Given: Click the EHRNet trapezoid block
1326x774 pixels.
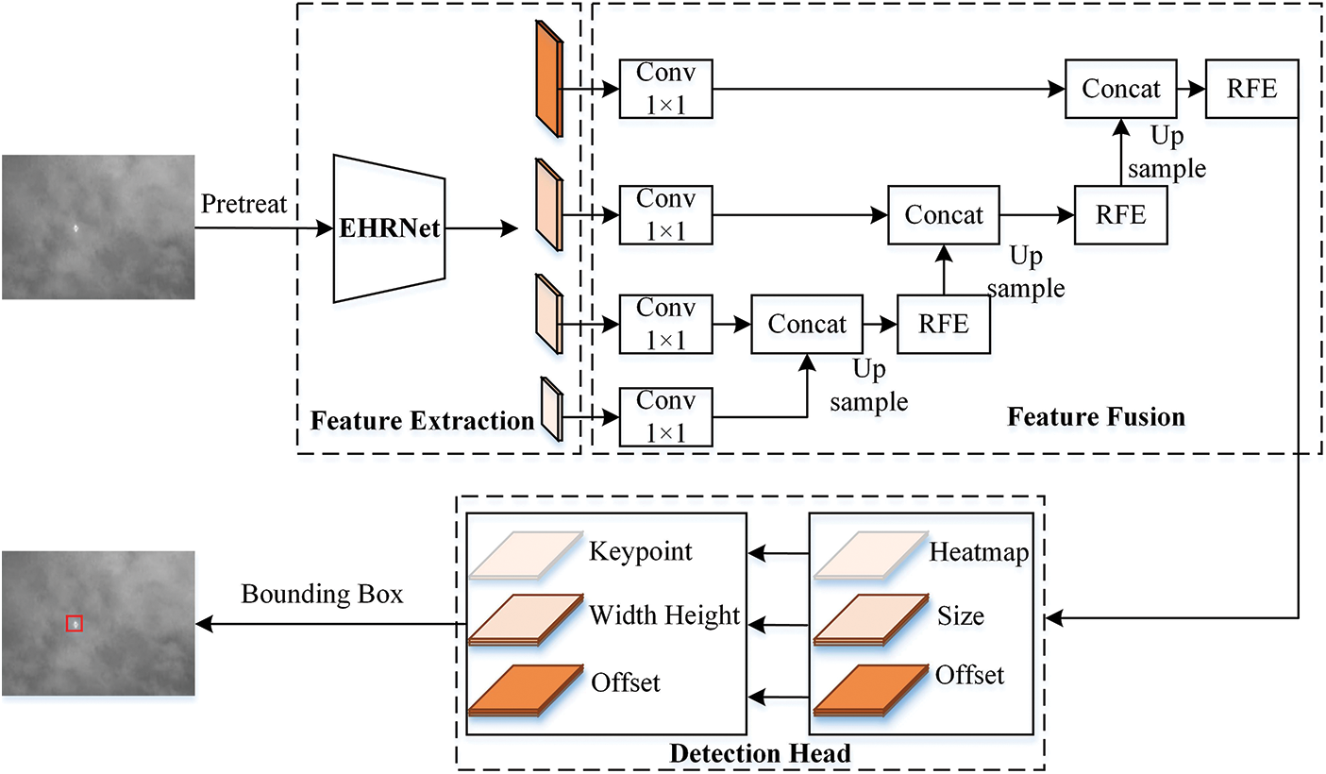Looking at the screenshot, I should [389, 227].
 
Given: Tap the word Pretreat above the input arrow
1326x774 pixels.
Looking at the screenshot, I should [244, 205].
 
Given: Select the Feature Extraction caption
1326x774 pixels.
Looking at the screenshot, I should [422, 420].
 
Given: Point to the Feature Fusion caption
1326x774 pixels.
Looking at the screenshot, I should [1096, 416].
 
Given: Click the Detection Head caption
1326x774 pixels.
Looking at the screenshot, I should [760, 753].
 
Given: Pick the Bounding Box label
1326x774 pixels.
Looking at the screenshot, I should [322, 595].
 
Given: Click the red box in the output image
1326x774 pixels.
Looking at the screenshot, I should [75, 623].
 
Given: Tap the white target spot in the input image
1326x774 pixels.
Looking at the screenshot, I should [76, 227].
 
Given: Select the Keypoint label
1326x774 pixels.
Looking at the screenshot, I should [640, 550].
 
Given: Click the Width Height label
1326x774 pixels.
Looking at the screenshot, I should [664, 615].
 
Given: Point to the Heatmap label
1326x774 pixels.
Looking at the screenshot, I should [978, 550].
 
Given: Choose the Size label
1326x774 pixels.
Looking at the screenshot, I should [960, 616].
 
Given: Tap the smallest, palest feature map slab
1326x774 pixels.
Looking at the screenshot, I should [550, 410].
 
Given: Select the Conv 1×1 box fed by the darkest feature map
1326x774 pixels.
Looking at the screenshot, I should [666, 89].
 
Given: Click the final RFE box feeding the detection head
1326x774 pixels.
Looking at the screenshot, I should [1251, 89].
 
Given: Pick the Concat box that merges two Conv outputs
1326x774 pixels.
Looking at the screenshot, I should [807, 324].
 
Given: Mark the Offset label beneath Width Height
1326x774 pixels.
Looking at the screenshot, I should [625, 681].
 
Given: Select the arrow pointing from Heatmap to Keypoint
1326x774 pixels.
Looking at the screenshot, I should [778, 553].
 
